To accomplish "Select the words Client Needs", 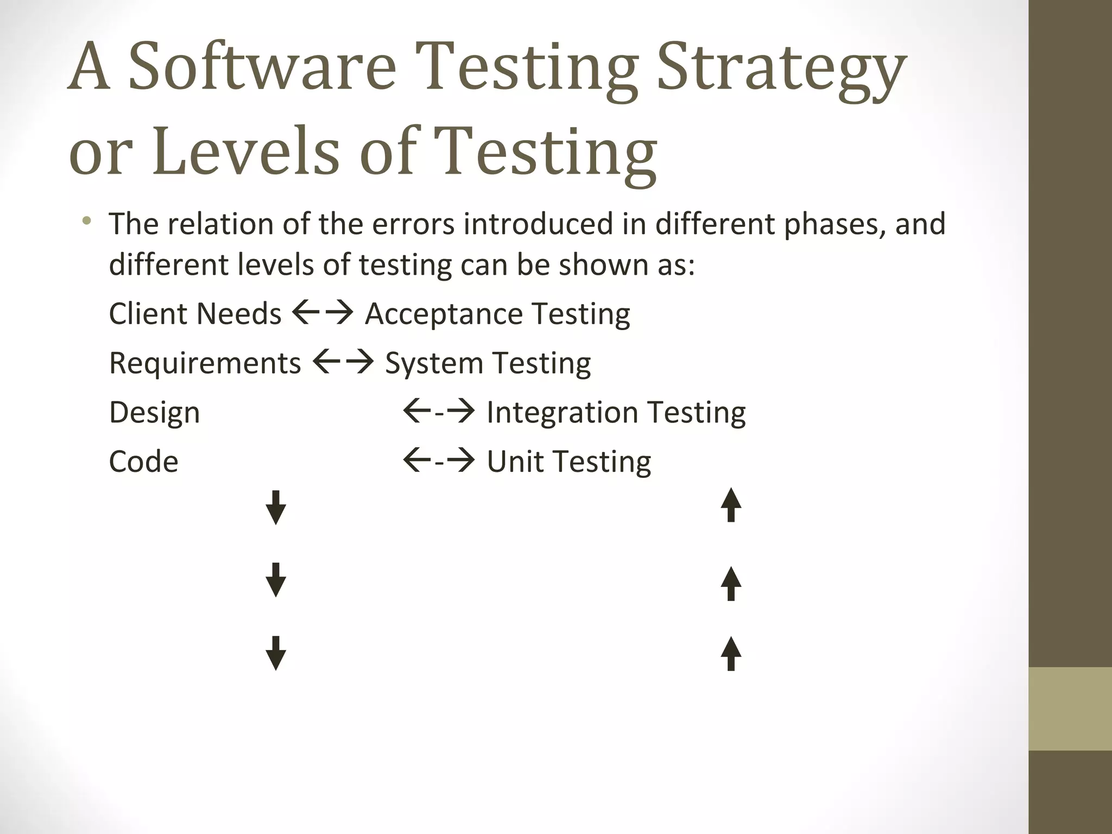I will click(x=195, y=314).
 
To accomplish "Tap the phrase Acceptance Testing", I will click(x=497, y=314).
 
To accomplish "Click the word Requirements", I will click(x=205, y=363).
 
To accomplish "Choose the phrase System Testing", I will click(x=488, y=363).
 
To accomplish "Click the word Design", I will click(x=155, y=413).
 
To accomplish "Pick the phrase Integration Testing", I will click(x=616, y=412).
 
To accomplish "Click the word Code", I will click(x=143, y=462).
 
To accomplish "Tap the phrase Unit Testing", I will click(x=568, y=462).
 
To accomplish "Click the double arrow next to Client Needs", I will click(x=323, y=313).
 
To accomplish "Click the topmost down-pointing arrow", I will click(x=276, y=507).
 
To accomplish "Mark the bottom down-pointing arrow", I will click(x=276, y=653).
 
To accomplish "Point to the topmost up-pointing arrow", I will click(x=731, y=505).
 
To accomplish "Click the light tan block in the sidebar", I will click(x=1070, y=709).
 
